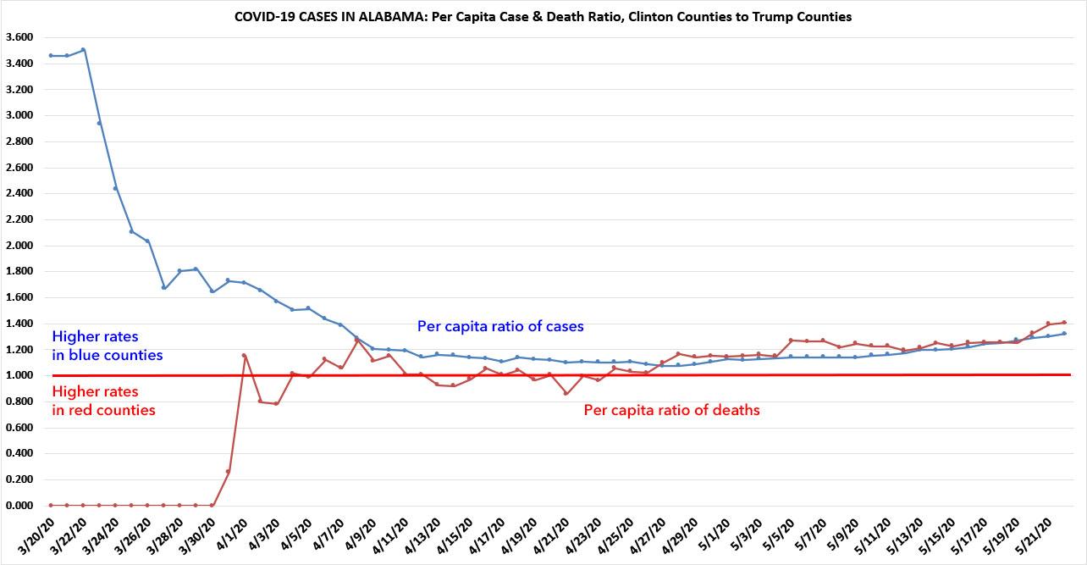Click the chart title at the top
pyautogui.click(x=543, y=18)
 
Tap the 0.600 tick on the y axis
pyautogui.click(x=19, y=428)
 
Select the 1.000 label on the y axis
pyautogui.click(x=19, y=375)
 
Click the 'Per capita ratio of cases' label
pyautogui.click(x=500, y=326)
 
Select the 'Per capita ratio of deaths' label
pyautogui.click(x=672, y=411)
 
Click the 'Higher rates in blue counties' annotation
pyautogui.click(x=108, y=346)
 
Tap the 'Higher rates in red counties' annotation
pyautogui.click(x=103, y=401)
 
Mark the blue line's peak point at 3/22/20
pyautogui.click(x=83, y=50)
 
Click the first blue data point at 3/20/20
pyautogui.click(x=51, y=56)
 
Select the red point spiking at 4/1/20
pyautogui.click(x=244, y=356)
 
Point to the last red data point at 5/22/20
pyautogui.click(x=1063, y=323)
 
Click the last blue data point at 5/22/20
pyautogui.click(x=1063, y=334)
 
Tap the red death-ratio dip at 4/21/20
pyautogui.click(x=566, y=393)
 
